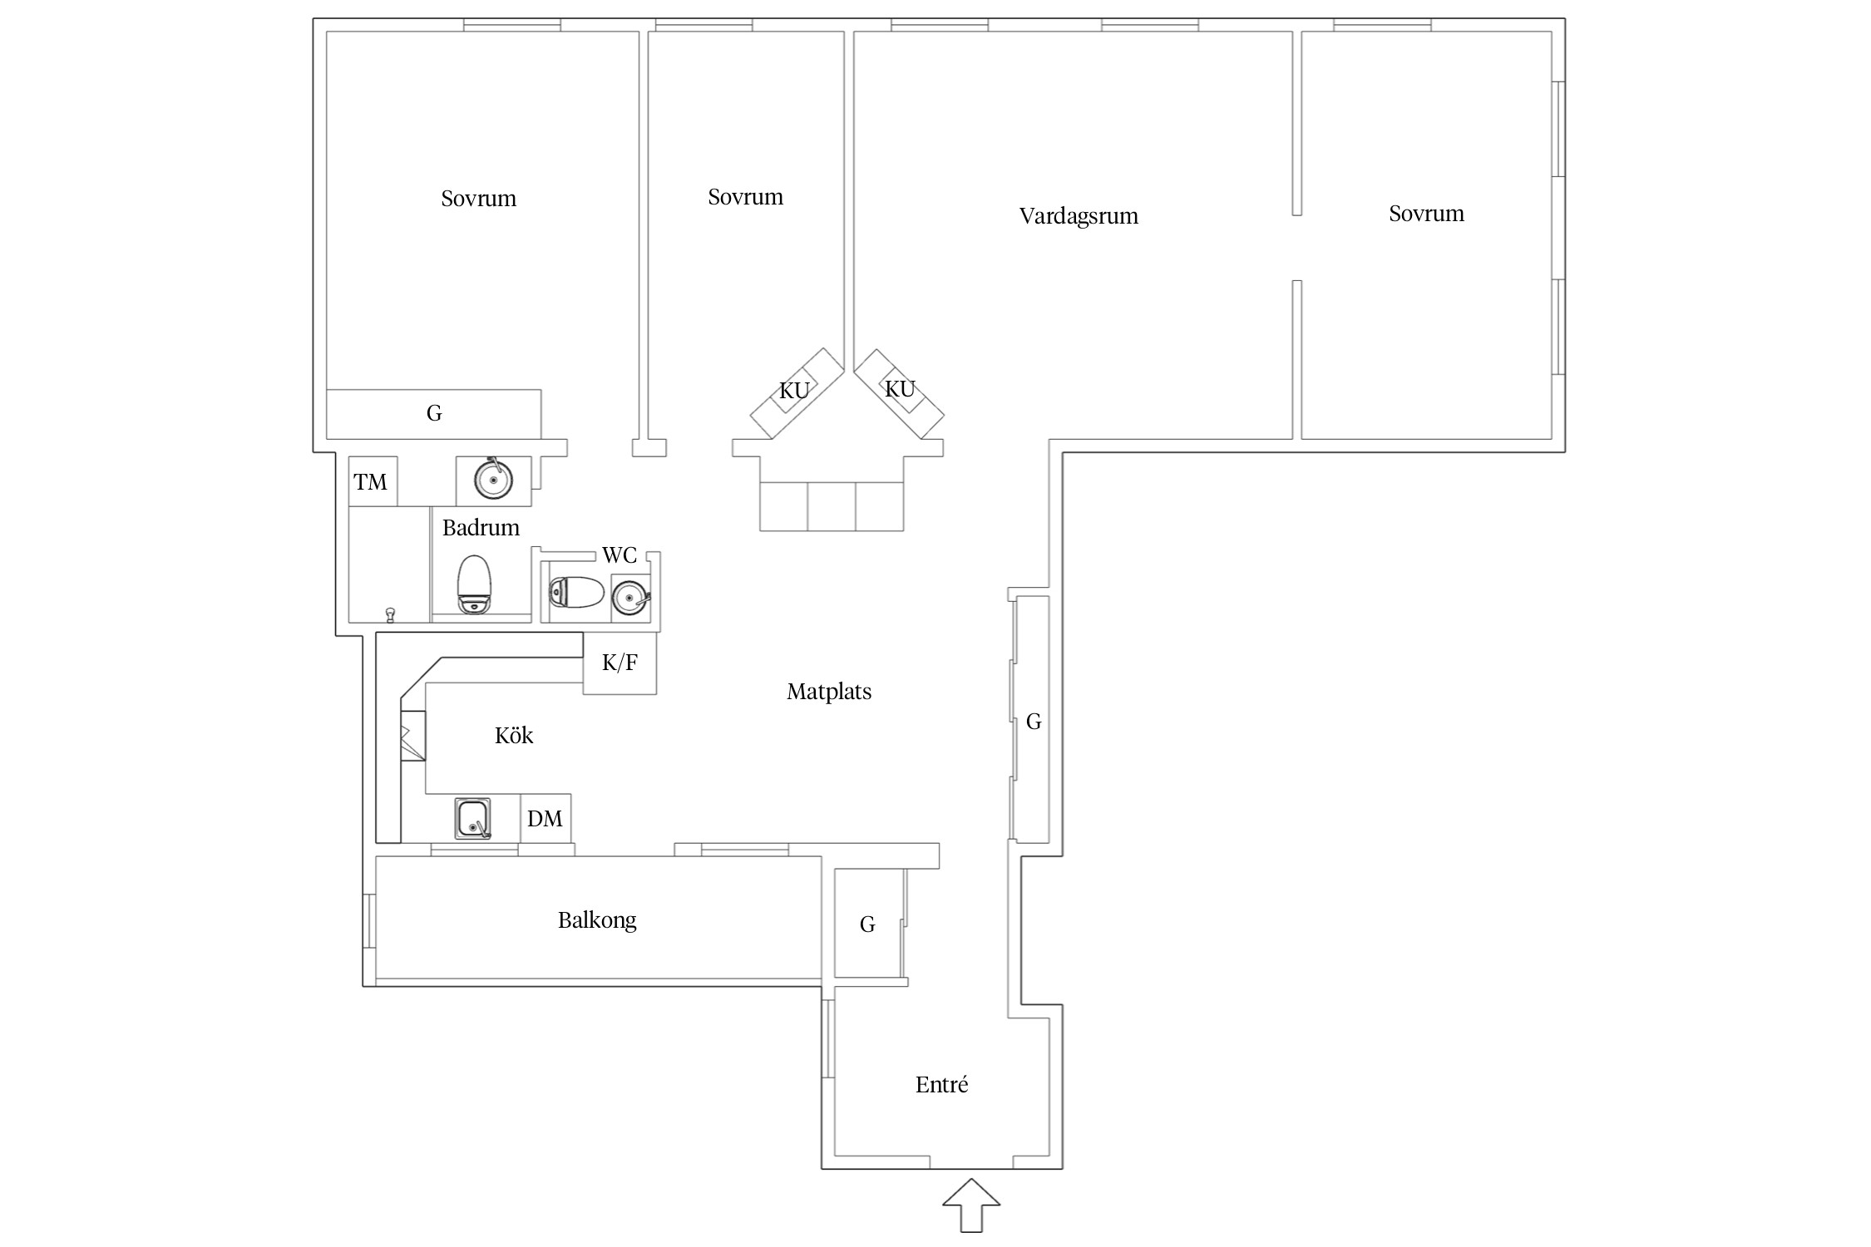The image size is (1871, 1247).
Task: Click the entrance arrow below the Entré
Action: click(970, 1205)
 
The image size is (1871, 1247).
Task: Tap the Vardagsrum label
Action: click(1079, 217)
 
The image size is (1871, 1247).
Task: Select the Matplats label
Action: click(829, 692)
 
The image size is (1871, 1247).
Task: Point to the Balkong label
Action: click(597, 920)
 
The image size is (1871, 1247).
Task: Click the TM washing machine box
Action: click(373, 481)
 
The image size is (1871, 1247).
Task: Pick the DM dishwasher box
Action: click(546, 819)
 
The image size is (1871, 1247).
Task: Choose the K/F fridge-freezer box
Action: click(620, 663)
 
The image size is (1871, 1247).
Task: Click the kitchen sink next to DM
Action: click(472, 819)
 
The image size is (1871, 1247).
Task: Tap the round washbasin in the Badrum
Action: click(493, 480)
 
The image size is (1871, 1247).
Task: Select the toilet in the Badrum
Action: click(474, 584)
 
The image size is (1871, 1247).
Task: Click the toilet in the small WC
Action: click(576, 593)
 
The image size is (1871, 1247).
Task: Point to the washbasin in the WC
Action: click(630, 596)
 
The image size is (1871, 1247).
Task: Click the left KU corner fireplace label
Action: click(794, 391)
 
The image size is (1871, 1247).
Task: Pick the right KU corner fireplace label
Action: click(900, 389)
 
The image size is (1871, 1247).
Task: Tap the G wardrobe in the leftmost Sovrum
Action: click(433, 414)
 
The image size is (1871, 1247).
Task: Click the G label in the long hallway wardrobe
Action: click(1034, 722)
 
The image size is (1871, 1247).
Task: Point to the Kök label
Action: click(514, 735)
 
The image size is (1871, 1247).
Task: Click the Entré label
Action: click(942, 1084)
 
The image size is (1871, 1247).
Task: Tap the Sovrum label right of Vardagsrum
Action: click(1426, 214)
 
